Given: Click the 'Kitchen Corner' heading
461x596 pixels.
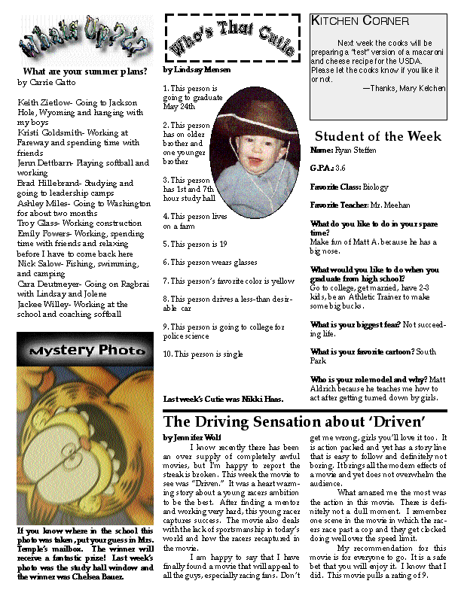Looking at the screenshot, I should pos(360,21).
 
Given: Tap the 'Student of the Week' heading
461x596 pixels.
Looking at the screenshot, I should pos(378,136).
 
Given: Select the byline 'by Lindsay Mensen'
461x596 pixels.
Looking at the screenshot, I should pos(197,69).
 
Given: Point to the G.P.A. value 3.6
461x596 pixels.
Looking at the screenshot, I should pos(340,167).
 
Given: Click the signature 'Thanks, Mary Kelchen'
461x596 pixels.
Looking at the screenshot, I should pos(404,88).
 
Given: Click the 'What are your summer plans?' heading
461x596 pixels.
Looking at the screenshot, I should pos(80,72).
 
